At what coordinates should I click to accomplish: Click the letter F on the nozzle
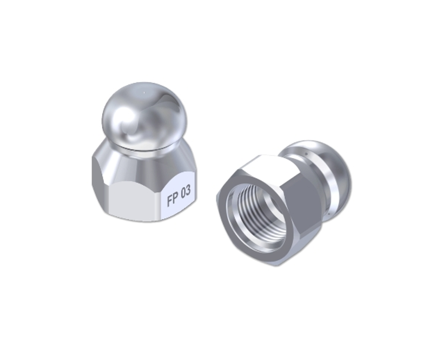170,200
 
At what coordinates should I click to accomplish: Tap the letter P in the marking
176,198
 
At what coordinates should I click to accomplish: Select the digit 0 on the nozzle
183,193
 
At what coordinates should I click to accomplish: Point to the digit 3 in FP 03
188,191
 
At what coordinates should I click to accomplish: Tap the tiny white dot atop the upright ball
144,92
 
